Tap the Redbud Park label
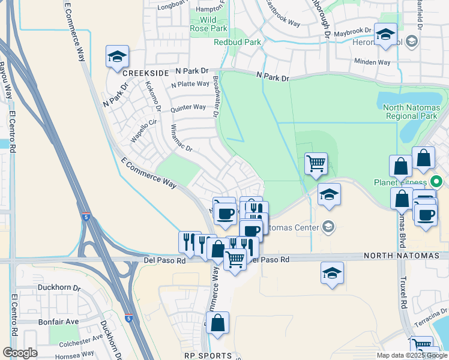click(x=238, y=42)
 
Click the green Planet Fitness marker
click(x=438, y=182)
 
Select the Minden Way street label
click(x=372, y=62)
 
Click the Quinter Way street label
click(x=188, y=107)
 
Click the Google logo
click(x=20, y=353)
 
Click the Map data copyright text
click(x=412, y=355)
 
